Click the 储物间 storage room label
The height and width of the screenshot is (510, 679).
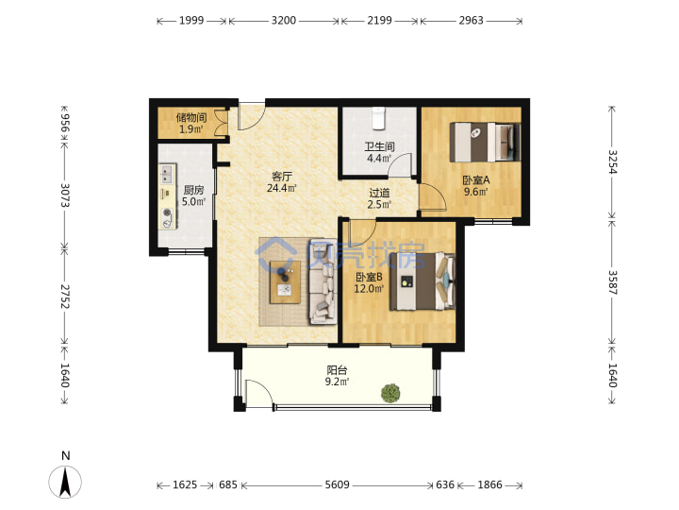pos(191,117)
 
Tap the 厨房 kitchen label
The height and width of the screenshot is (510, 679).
pos(193,190)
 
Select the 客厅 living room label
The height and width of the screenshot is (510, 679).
pos(282,177)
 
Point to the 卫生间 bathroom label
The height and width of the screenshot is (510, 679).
pos(379,146)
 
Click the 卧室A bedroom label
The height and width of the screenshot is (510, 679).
pos(476,180)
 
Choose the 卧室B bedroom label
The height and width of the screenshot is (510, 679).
pos(369,277)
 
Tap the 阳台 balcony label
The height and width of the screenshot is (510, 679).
pos(337,370)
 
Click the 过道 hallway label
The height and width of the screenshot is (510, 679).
pos(379,193)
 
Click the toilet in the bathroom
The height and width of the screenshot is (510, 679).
pos(379,118)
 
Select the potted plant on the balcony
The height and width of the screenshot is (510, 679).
pos(390,393)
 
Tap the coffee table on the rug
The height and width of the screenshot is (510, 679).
pos(285,281)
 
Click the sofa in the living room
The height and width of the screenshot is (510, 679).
pos(323,281)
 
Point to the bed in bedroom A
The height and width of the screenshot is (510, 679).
pos(485,142)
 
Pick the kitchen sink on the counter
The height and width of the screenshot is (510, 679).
pos(167,175)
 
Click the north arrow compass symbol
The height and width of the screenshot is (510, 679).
pos(65,482)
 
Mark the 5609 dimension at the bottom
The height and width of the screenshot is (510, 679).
pos(338,484)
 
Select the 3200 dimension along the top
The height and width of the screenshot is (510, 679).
pos(284,21)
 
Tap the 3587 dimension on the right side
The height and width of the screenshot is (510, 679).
pos(612,282)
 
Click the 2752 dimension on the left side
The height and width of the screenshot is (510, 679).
pos(64,297)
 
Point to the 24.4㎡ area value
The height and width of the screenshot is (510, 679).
pos(282,188)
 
